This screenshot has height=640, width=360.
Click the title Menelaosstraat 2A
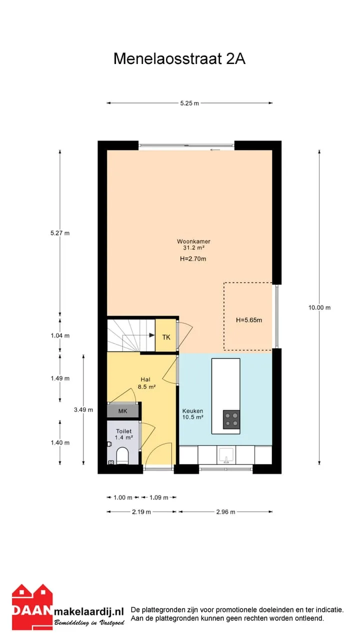pyautogui.click(x=179, y=59)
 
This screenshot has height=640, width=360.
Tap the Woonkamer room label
pyautogui.click(x=193, y=241)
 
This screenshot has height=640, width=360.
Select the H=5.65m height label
pyautogui.click(x=249, y=320)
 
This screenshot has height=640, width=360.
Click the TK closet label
pyautogui.click(x=166, y=337)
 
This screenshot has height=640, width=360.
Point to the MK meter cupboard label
pyautogui.click(x=122, y=411)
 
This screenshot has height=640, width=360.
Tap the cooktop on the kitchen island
pyautogui.click(x=231, y=419)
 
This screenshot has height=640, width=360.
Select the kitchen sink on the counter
pyautogui.click(x=226, y=455)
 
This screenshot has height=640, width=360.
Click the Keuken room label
pyautogui.click(x=192, y=411)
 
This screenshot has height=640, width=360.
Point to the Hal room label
pyautogui.click(x=145, y=379)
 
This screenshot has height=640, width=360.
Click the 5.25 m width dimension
pyautogui.click(x=189, y=103)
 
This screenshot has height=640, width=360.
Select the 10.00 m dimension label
pyautogui.click(x=319, y=307)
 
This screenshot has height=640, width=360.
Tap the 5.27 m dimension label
pyautogui.click(x=60, y=233)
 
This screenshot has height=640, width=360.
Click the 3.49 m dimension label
pyautogui.click(x=83, y=409)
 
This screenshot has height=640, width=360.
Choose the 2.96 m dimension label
pyautogui.click(x=225, y=512)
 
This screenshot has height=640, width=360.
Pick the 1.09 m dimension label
pyautogui.click(x=159, y=497)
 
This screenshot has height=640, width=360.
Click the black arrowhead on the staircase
pyautogui.click(x=152, y=335)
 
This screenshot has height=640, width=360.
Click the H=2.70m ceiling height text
pyautogui.click(x=193, y=259)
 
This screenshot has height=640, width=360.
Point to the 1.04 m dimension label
pyautogui.click(x=60, y=335)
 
